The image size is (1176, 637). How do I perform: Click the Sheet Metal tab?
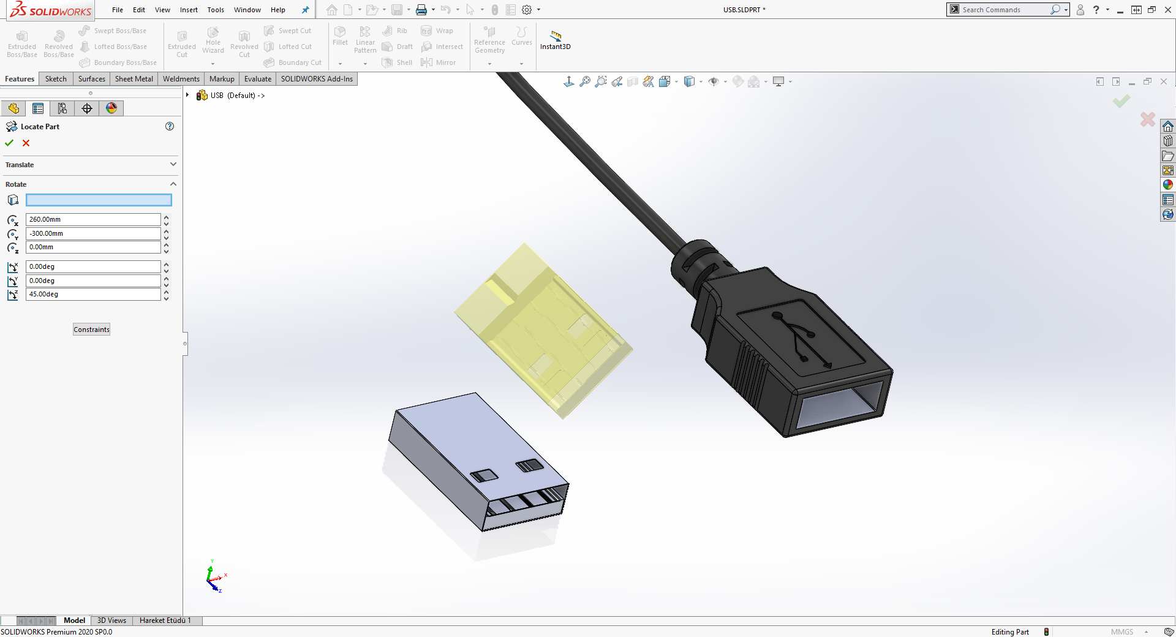tap(134, 79)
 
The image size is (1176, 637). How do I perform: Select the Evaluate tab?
tap(257, 79)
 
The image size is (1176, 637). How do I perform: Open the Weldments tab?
tap(181, 79)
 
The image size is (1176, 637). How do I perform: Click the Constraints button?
tap(91, 330)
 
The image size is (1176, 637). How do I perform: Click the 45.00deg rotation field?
tap(92, 295)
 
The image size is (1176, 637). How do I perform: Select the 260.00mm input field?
tap(92, 219)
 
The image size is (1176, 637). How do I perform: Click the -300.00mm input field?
tap(92, 233)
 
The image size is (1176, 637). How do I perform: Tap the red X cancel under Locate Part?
tap(26, 143)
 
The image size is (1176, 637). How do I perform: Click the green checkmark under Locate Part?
tap(9, 143)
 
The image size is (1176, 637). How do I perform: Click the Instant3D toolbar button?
tap(555, 40)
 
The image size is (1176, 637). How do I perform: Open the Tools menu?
tap(216, 10)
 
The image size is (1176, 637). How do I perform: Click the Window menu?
tap(247, 10)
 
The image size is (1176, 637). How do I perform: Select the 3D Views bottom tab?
tap(111, 620)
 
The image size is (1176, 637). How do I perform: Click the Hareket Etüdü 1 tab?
tap(165, 620)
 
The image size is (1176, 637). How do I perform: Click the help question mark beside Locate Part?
tap(170, 127)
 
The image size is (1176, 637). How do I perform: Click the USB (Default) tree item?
tap(232, 96)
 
